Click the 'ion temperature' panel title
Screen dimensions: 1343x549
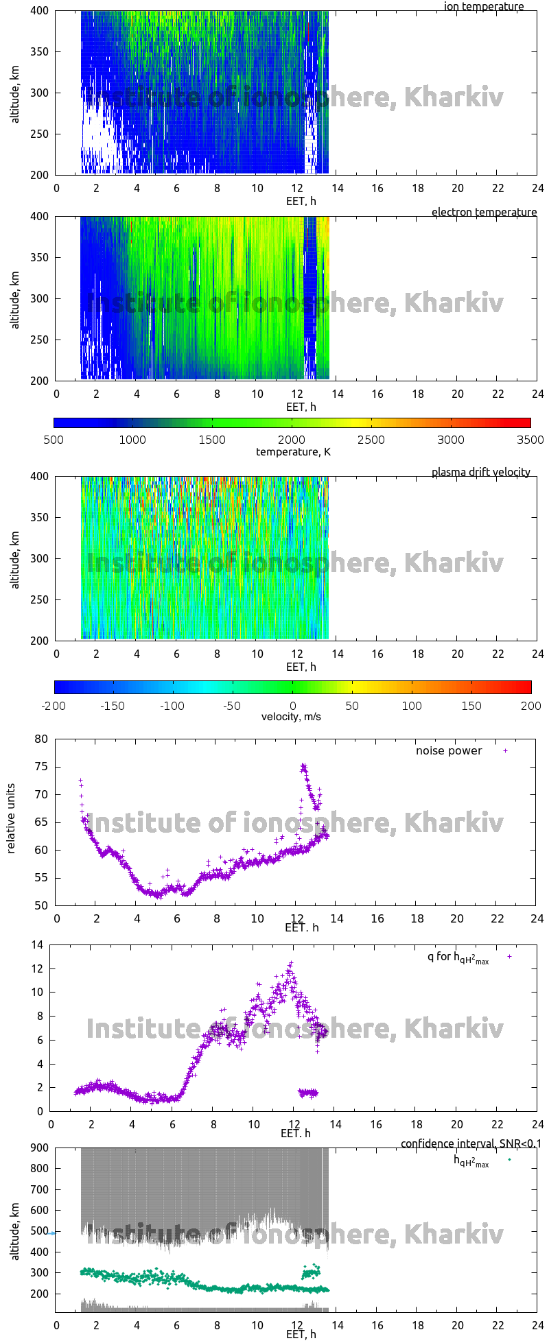pos(483,7)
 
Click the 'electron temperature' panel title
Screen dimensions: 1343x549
pos(484,213)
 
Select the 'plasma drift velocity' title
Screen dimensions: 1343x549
pos(480,473)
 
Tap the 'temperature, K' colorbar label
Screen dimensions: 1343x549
pos(293,451)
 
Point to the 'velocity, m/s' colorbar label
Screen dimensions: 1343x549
pos(291,717)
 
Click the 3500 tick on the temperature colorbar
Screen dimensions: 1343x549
pos(529,440)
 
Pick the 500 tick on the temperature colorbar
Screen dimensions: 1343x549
pos(54,440)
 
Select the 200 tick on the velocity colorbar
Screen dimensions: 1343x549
pos(530,705)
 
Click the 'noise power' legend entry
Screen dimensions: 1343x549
pos(449,751)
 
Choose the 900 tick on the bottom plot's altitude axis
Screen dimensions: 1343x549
pos(38,1148)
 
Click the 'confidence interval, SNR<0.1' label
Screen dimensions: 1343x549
pos(471,1143)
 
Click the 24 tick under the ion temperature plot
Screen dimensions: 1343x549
pos(537,188)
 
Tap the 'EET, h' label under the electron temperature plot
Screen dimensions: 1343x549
pos(301,407)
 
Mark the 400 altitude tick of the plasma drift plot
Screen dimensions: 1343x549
pos(39,476)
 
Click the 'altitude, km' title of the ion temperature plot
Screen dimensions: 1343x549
pos(15,93)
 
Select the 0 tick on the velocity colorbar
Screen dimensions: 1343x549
pos(293,705)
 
